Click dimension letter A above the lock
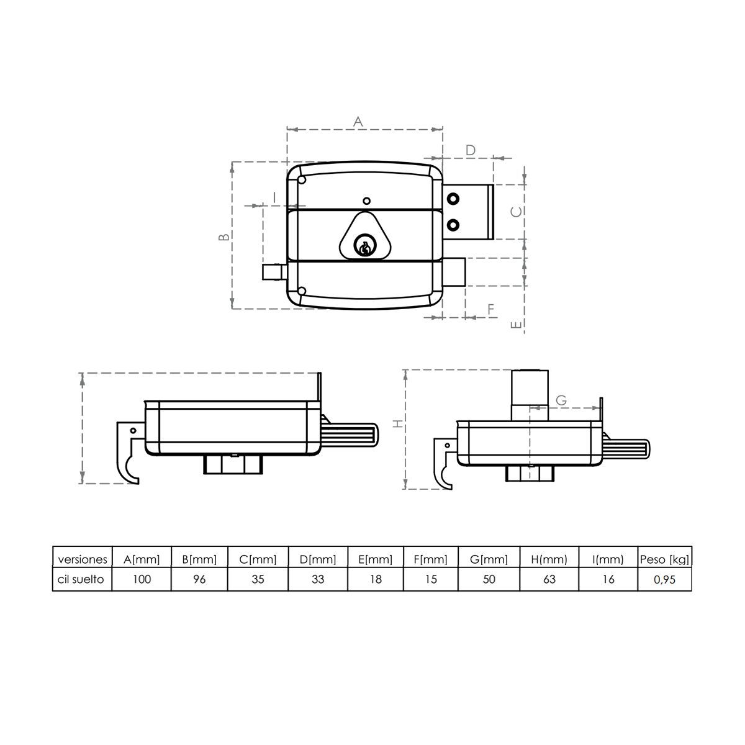pyautogui.click(x=358, y=122)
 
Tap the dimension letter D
pyautogui.click(x=471, y=150)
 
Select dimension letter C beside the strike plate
pyautogui.click(x=517, y=212)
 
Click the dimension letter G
pyautogui.click(x=561, y=400)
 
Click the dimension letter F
pyautogui.click(x=490, y=309)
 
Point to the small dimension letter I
pyautogui.click(x=274, y=197)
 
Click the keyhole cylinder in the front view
pyautogui.click(x=364, y=248)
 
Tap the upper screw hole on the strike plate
pyautogui.click(x=454, y=199)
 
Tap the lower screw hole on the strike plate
pyautogui.click(x=454, y=224)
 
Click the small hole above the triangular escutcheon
pyautogui.click(x=366, y=201)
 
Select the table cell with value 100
pyautogui.click(x=142, y=579)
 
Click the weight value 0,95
pyautogui.click(x=664, y=579)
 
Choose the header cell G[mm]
pyautogui.click(x=489, y=559)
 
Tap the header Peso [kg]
pyautogui.click(x=664, y=559)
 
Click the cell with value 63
pyautogui.click(x=549, y=579)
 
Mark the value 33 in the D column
pyautogui.click(x=317, y=579)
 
